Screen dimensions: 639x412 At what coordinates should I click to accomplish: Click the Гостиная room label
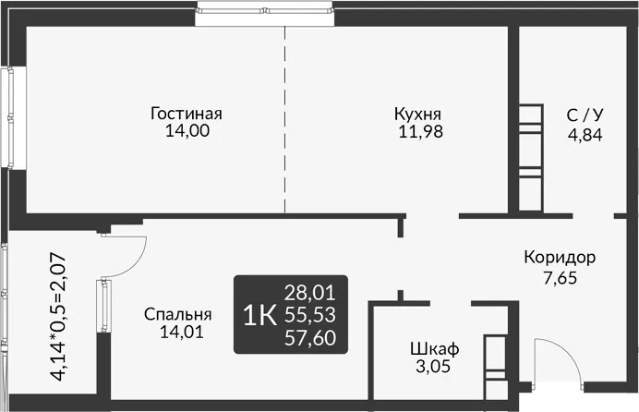pyautogui.click(x=187, y=114)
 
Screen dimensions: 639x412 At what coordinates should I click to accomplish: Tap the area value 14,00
pyautogui.click(x=187, y=131)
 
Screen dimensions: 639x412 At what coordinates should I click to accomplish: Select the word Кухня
pyautogui.click(x=417, y=115)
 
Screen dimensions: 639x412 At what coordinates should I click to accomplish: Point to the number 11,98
pyautogui.click(x=420, y=131)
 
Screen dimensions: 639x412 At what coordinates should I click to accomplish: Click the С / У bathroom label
pyautogui.click(x=585, y=115)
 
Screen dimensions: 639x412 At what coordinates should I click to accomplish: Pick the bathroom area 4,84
pyautogui.click(x=585, y=134)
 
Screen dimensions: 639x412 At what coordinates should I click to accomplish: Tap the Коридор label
pyautogui.click(x=560, y=258)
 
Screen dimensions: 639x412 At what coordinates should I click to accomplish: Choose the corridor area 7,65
pyautogui.click(x=561, y=278)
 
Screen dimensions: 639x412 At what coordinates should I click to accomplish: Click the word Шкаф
pyautogui.click(x=434, y=349)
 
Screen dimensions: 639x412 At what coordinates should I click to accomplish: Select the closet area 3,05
pyautogui.click(x=433, y=367)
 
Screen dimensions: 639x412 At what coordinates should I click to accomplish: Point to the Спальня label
pyautogui.click(x=177, y=315)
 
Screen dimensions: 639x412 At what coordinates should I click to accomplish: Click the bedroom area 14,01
pyautogui.click(x=181, y=333)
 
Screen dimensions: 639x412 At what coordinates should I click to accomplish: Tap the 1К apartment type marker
pyautogui.click(x=259, y=316)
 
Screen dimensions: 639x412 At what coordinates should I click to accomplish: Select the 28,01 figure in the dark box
pyautogui.click(x=309, y=293)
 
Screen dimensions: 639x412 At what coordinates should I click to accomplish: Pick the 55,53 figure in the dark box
pyautogui.click(x=309, y=315)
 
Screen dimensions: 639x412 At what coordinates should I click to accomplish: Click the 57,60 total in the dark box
pyautogui.click(x=309, y=337)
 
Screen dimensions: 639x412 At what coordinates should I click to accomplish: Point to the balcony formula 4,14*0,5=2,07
pyautogui.click(x=57, y=317)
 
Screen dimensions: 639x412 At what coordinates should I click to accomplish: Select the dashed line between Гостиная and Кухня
pyautogui.click(x=284, y=119)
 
